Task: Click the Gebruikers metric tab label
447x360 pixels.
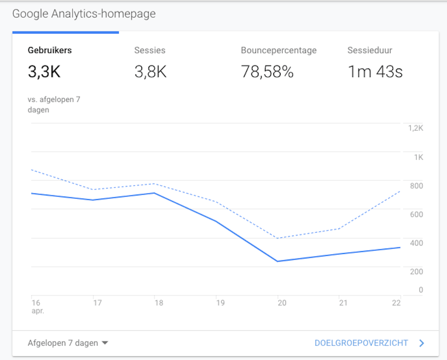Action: pyautogui.click(x=49, y=50)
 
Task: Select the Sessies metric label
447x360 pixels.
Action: pyautogui.click(x=149, y=50)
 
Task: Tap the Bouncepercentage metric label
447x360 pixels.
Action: pyautogui.click(x=278, y=50)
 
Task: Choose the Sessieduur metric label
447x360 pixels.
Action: pyautogui.click(x=369, y=50)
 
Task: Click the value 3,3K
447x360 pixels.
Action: pyautogui.click(x=44, y=72)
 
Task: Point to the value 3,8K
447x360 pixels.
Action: pyautogui.click(x=150, y=72)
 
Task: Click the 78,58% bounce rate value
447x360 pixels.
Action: pyautogui.click(x=267, y=72)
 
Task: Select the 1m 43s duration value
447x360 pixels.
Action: pyautogui.click(x=375, y=72)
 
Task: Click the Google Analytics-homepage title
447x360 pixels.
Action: pyautogui.click(x=84, y=14)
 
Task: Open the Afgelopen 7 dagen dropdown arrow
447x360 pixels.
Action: pyautogui.click(x=105, y=343)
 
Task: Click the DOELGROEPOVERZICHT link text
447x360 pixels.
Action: pyautogui.click(x=361, y=343)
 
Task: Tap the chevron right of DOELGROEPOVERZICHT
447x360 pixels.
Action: pyautogui.click(x=421, y=343)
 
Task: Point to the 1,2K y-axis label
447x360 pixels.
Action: pyautogui.click(x=415, y=128)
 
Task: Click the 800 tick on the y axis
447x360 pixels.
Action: pyautogui.click(x=416, y=185)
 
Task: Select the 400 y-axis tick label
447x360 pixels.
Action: pyautogui.click(x=416, y=243)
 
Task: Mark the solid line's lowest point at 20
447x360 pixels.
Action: pyautogui.click(x=277, y=261)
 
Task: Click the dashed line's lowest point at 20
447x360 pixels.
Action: pyautogui.click(x=277, y=238)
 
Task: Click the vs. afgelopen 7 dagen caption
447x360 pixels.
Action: pyautogui.click(x=54, y=104)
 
